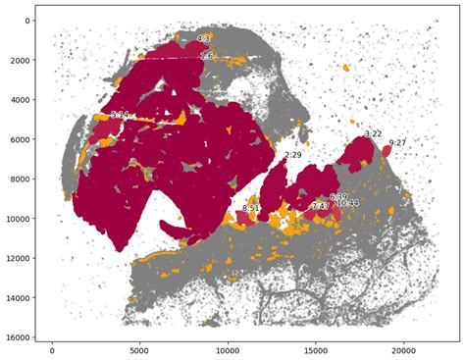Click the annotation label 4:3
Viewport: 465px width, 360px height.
(x=204, y=38)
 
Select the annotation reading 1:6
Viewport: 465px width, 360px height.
(x=206, y=57)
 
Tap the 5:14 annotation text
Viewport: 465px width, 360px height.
(x=120, y=115)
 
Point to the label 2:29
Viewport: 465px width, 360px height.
(x=293, y=155)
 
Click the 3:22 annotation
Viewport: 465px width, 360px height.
(x=373, y=133)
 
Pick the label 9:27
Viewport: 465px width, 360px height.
(x=397, y=143)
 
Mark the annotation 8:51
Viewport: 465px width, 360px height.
(x=251, y=208)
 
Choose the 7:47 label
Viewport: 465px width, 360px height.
(x=320, y=206)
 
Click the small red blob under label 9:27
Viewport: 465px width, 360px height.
(x=387, y=152)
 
